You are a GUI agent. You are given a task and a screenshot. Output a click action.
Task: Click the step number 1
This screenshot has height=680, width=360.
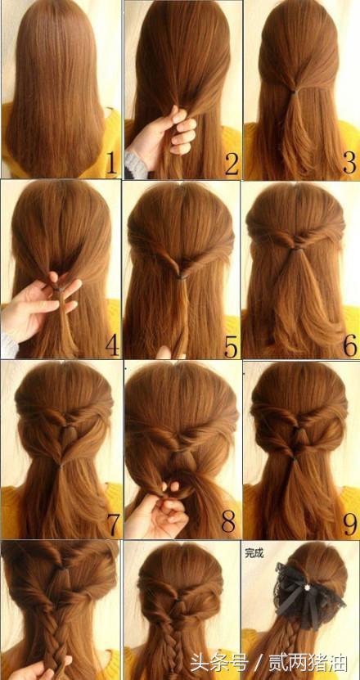pyautogui.click(x=111, y=163)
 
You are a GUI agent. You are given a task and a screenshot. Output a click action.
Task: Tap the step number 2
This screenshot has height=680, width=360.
pyautogui.click(x=232, y=163)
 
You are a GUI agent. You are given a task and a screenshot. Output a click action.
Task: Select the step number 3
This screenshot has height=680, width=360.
pyautogui.click(x=349, y=163)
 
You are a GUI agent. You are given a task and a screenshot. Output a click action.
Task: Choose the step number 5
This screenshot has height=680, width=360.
pyautogui.click(x=232, y=345)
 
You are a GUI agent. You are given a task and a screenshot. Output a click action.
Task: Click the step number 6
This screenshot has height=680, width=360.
pyautogui.click(x=349, y=345)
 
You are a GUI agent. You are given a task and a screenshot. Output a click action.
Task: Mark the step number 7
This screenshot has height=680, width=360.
pyautogui.click(x=114, y=525)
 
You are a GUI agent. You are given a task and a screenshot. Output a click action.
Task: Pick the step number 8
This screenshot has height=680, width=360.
pyautogui.click(x=229, y=523)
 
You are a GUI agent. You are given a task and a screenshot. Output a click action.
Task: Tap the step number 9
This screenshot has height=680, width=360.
pyautogui.click(x=349, y=525)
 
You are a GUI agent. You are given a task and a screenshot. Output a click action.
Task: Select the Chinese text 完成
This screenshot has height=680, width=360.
pyautogui.click(x=254, y=552)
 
